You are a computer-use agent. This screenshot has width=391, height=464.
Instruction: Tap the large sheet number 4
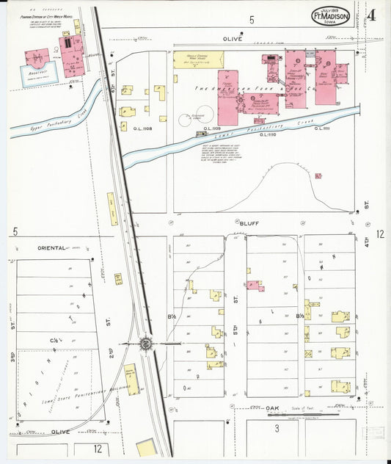pyautogui.click(x=372, y=15)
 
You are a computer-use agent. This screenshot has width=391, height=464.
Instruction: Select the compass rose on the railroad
pyautogui.click(x=146, y=343)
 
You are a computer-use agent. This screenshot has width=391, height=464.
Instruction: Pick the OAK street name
pyautogui.click(x=273, y=407)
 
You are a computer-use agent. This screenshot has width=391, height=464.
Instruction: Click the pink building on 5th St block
pyautogui.click(x=255, y=285)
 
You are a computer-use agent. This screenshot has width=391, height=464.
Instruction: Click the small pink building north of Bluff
pyautogui.click(x=318, y=175)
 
